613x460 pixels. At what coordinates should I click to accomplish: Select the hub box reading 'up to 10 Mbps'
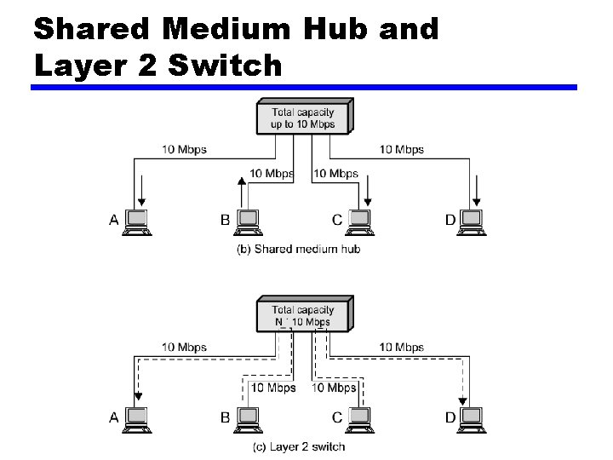coord(303,117)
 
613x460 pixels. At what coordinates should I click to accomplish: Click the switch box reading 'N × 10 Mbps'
coord(303,315)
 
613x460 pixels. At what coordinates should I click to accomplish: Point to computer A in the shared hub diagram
coord(136,221)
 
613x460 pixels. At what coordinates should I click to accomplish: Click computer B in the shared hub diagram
coord(247,221)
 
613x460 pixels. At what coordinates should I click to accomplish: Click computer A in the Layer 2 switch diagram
coord(136,417)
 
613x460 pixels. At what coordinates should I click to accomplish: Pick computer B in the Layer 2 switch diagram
coord(247,417)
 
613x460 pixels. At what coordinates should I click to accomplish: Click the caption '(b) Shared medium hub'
coord(298,249)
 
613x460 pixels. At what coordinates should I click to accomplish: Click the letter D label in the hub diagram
coord(450,220)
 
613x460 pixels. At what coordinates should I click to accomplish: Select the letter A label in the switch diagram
coord(114,417)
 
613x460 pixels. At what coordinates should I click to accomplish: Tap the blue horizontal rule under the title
coord(305,87)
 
